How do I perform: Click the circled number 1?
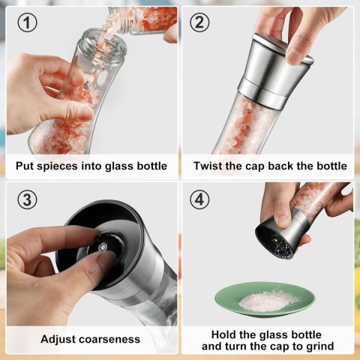pos(27,22)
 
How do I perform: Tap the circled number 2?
pos(199,22)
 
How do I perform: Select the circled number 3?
pos(27,200)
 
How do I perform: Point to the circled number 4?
pos(199,200)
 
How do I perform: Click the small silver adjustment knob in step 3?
pos(102,247)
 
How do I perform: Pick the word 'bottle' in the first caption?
pos(152,166)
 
